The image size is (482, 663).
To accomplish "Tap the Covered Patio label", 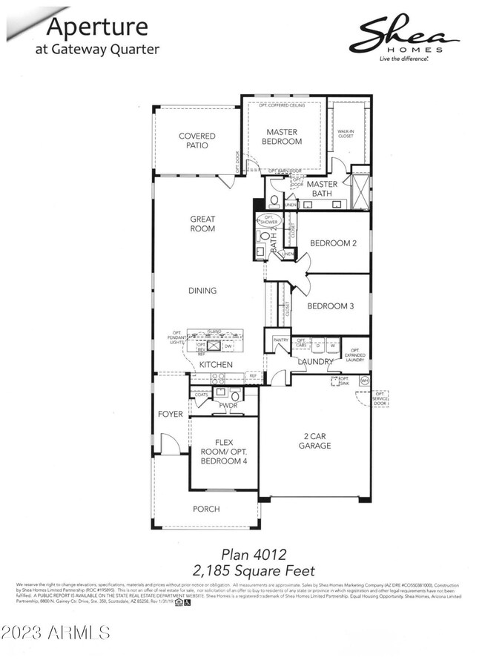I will pyautogui.click(x=197, y=141).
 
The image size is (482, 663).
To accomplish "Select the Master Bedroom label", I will pyautogui.click(x=284, y=136).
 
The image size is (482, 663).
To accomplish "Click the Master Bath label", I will pyautogui.click(x=323, y=189).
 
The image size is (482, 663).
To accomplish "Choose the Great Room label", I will pyautogui.click(x=202, y=224).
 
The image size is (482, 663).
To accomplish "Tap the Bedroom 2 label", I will pyautogui.click(x=334, y=243).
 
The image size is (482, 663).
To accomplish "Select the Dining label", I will pyautogui.click(x=202, y=291).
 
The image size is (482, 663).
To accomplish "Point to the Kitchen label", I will pyautogui.click(x=215, y=365).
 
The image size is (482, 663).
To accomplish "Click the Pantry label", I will pyautogui.click(x=280, y=340).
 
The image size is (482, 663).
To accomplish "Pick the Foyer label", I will pyautogui.click(x=170, y=414).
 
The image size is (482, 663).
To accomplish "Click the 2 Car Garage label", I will pyautogui.click(x=315, y=441).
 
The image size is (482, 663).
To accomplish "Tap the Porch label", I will pyautogui.click(x=206, y=509).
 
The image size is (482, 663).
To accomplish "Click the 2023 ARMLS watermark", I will pyautogui.click(x=56, y=633).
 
